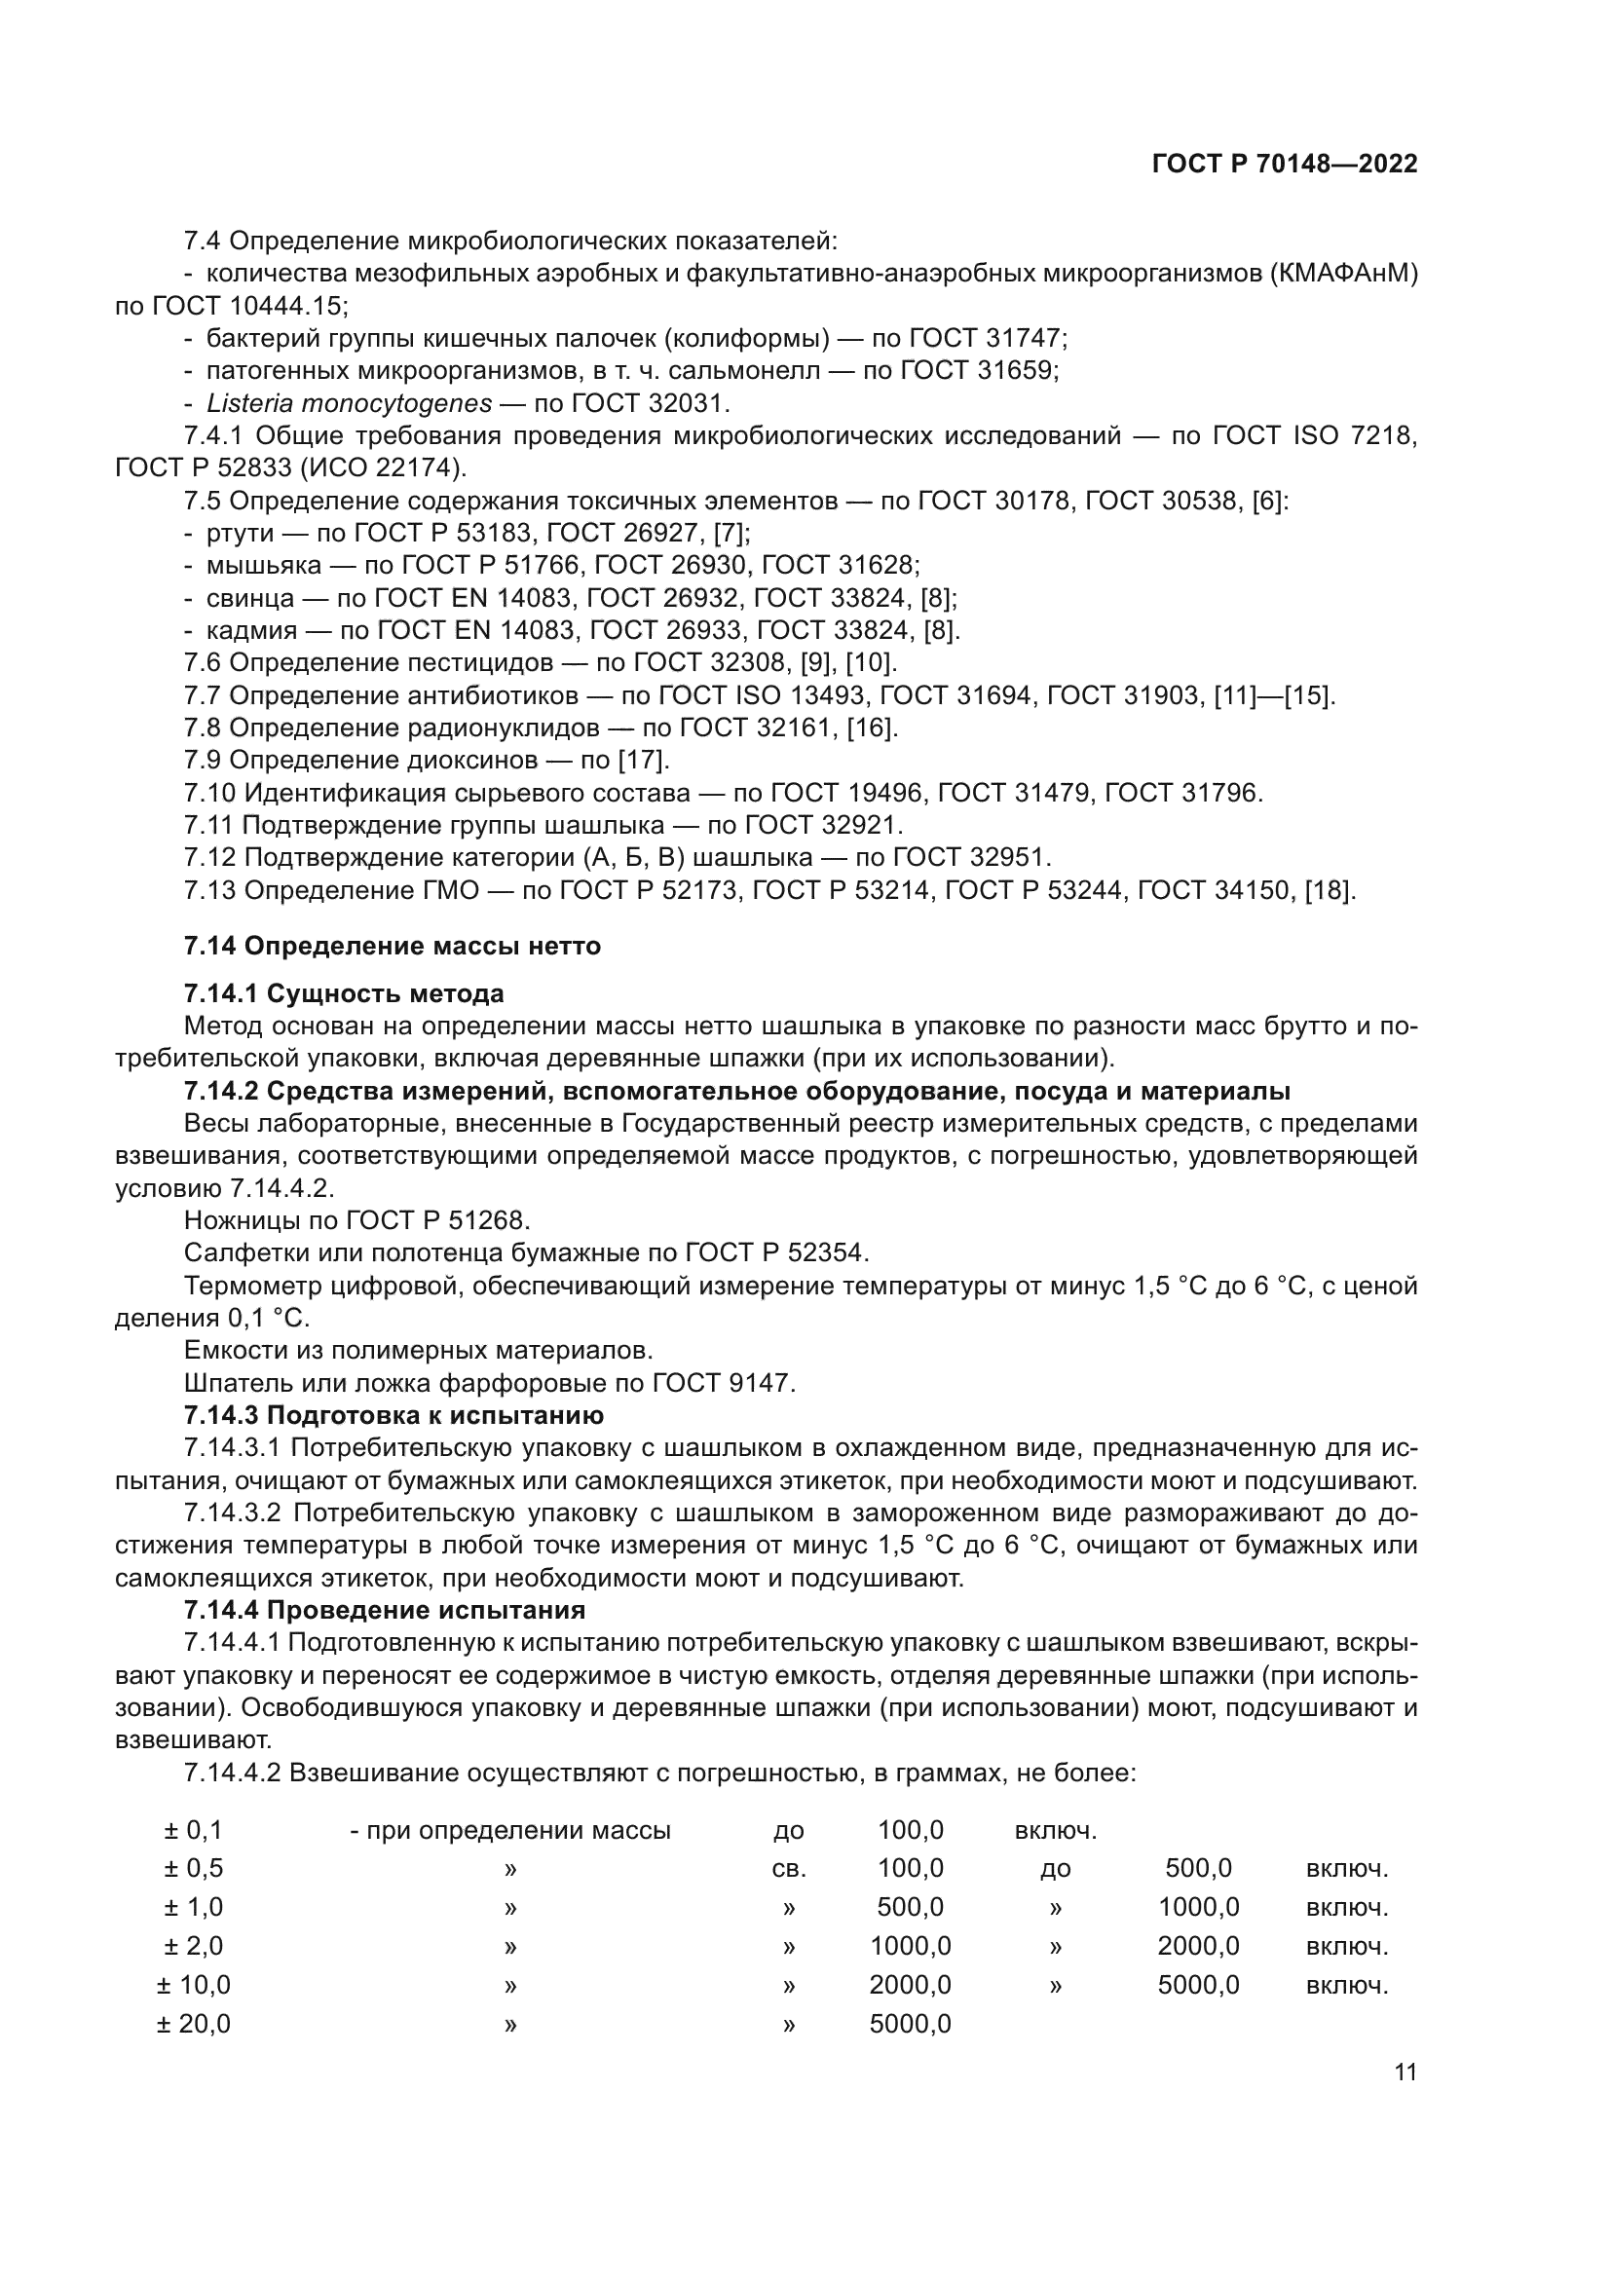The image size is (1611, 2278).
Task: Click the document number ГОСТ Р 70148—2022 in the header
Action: click(x=1284, y=164)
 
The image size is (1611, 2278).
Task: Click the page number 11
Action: click(x=1405, y=2072)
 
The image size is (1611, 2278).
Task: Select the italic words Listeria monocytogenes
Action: click(x=350, y=404)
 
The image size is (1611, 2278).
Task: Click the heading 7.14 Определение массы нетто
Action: click(x=392, y=946)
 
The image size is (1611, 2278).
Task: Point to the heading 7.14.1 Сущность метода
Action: click(x=343, y=993)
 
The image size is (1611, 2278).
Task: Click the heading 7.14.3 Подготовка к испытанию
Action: click(x=393, y=1414)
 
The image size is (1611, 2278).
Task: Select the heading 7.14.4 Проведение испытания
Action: click(x=384, y=1609)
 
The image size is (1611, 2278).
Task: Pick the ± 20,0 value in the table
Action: click(x=194, y=2023)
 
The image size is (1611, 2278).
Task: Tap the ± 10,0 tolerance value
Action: click(x=194, y=1984)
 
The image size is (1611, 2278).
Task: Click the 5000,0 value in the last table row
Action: click(x=910, y=2023)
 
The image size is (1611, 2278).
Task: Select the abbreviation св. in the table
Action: click(x=789, y=1869)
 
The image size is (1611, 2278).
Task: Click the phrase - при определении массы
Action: click(x=509, y=1831)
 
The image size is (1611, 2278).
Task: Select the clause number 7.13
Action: click(x=210, y=890)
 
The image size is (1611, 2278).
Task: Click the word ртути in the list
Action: click(x=239, y=533)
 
